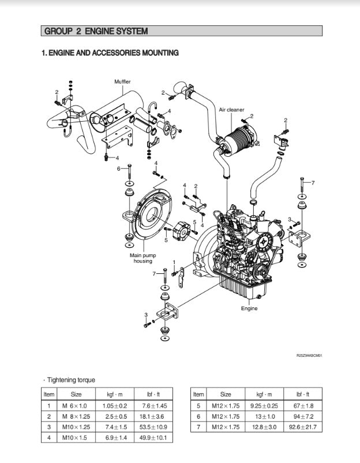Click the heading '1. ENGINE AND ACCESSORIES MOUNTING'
pyautogui.click(x=110, y=53)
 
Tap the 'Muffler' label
pyautogui.click(x=122, y=82)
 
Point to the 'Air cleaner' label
pyautogui.click(x=231, y=110)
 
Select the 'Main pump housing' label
pyautogui.click(x=142, y=258)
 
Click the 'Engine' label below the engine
pyautogui.click(x=249, y=308)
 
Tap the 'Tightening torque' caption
pyautogui.click(x=71, y=380)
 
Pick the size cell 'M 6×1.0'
pyautogui.click(x=76, y=405)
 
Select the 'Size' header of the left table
pyautogui.click(x=76, y=394)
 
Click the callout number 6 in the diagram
pyautogui.click(x=119, y=169)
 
